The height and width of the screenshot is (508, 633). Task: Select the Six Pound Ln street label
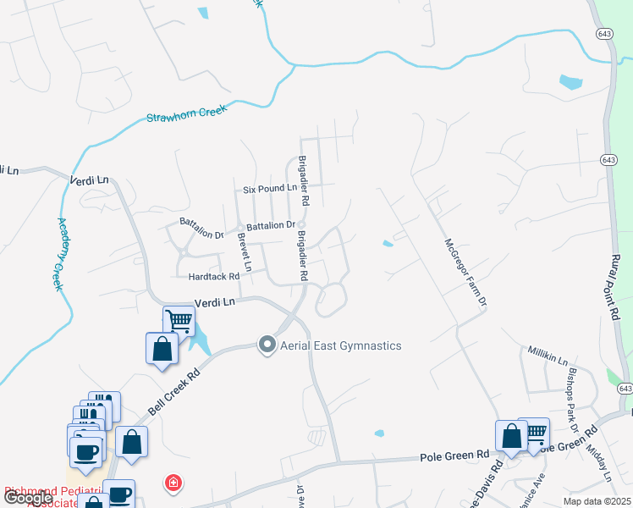click(270, 189)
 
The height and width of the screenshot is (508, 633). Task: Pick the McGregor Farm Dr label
click(465, 272)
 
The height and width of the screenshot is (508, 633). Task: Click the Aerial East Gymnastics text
click(342, 345)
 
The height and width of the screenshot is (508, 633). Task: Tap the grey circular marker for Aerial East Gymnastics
click(268, 345)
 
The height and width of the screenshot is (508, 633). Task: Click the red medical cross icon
click(173, 483)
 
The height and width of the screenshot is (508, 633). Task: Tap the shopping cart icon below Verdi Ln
click(179, 322)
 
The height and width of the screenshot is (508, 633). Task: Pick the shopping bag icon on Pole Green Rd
click(512, 437)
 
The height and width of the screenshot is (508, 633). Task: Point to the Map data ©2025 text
click(597, 501)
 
